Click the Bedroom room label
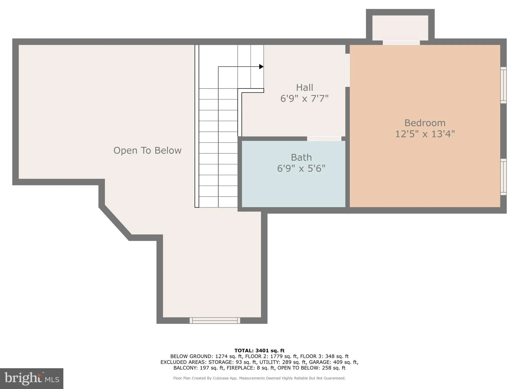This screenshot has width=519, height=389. (x=425, y=123)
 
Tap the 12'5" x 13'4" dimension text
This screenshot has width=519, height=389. (x=425, y=134)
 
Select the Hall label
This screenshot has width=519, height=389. (x=304, y=88)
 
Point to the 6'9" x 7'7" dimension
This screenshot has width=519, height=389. (x=304, y=99)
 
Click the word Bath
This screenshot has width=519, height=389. (x=301, y=158)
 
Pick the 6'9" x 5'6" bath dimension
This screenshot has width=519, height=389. (x=301, y=168)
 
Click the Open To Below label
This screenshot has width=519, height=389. (x=147, y=150)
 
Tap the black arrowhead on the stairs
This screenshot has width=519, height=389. (x=261, y=67)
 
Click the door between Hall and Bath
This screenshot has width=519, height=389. (x=324, y=139)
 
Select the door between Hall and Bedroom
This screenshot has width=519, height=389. (x=347, y=70)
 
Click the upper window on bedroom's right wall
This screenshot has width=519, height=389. (x=503, y=85)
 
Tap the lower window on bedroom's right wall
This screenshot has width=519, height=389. (x=503, y=177)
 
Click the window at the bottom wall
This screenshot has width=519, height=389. (x=215, y=320)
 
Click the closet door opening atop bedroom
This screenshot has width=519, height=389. (x=401, y=43)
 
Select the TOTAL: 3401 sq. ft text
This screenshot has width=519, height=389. (x=259, y=351)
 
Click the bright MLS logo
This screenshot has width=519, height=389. (x=32, y=378)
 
